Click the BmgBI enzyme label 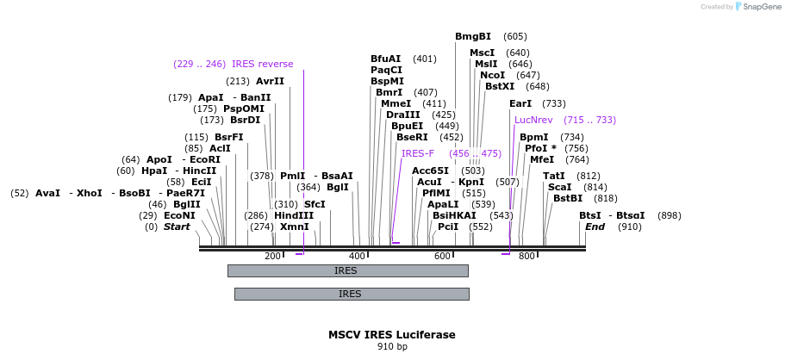[x=473, y=36]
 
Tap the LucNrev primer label [x=533, y=120]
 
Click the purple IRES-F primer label [x=418, y=153]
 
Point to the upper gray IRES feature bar [x=347, y=270]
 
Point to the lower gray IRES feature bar [x=351, y=294]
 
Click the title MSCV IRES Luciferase [x=391, y=334]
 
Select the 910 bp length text [x=391, y=347]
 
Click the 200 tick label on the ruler [x=272, y=257]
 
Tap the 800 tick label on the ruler [x=526, y=257]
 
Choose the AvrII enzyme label [x=270, y=81]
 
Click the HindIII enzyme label [x=294, y=215]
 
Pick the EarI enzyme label [x=520, y=103]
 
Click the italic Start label [x=177, y=227]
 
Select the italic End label [x=595, y=227]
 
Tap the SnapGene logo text [x=760, y=7]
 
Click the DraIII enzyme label [x=402, y=115]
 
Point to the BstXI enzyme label [x=499, y=86]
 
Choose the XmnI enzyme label [x=294, y=227]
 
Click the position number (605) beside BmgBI [x=515, y=36]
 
